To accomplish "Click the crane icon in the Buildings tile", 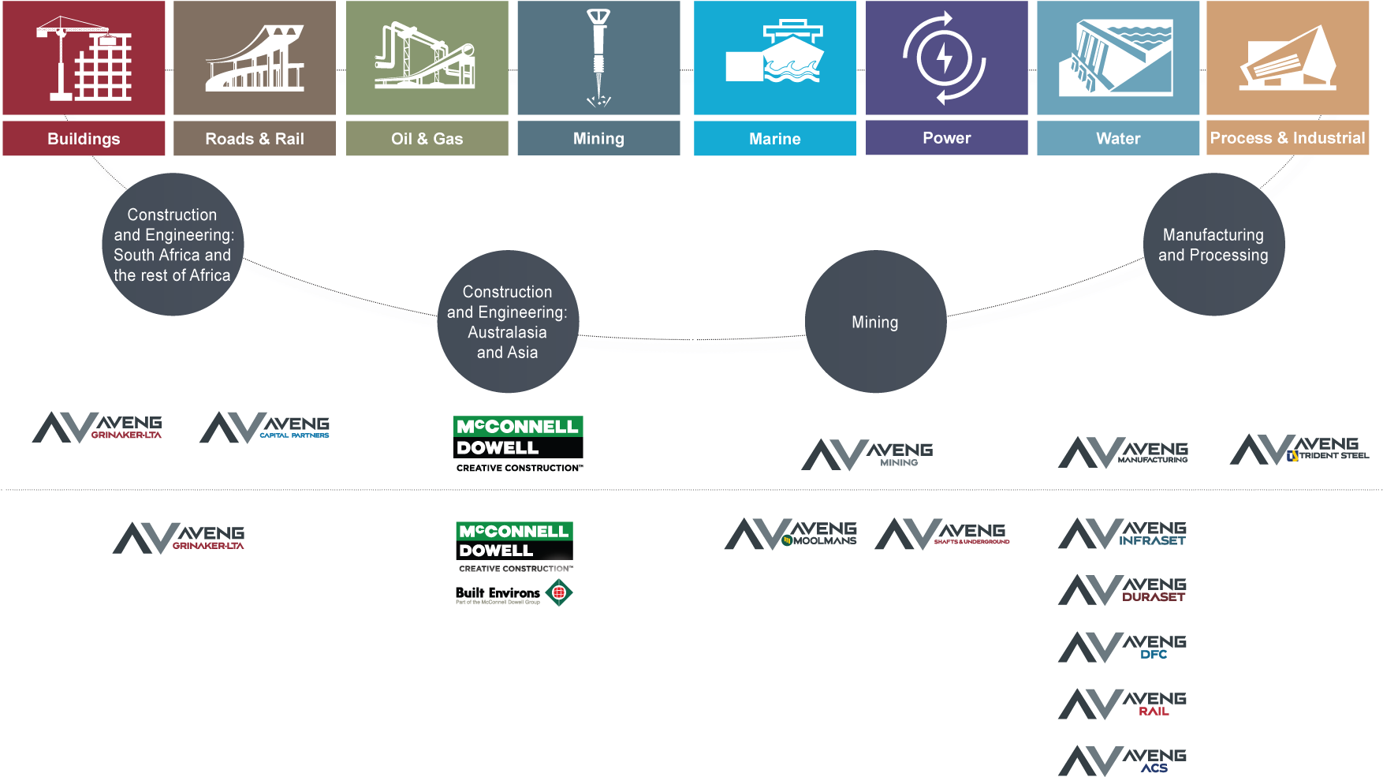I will [x=84, y=58].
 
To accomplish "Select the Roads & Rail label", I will [x=254, y=139].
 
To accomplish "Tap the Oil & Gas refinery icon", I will [x=425, y=57].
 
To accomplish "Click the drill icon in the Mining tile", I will [x=598, y=57].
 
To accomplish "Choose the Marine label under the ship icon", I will [x=774, y=139].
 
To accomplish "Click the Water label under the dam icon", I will [x=1117, y=139].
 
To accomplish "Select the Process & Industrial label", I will [x=1287, y=138].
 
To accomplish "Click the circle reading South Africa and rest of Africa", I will [x=173, y=245].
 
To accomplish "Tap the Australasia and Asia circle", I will [x=508, y=322].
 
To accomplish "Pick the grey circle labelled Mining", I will [x=875, y=322].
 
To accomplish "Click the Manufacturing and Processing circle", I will [x=1213, y=245].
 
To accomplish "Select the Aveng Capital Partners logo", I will [x=265, y=427].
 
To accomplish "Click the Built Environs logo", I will [x=513, y=593].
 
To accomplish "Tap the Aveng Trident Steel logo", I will [x=1299, y=450].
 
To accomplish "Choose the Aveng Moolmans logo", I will [x=790, y=534].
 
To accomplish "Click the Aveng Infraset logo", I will [x=1122, y=534].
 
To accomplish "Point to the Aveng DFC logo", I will [x=1122, y=648].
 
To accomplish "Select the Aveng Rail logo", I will [x=1122, y=704].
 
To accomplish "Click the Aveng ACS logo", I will [x=1122, y=760].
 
